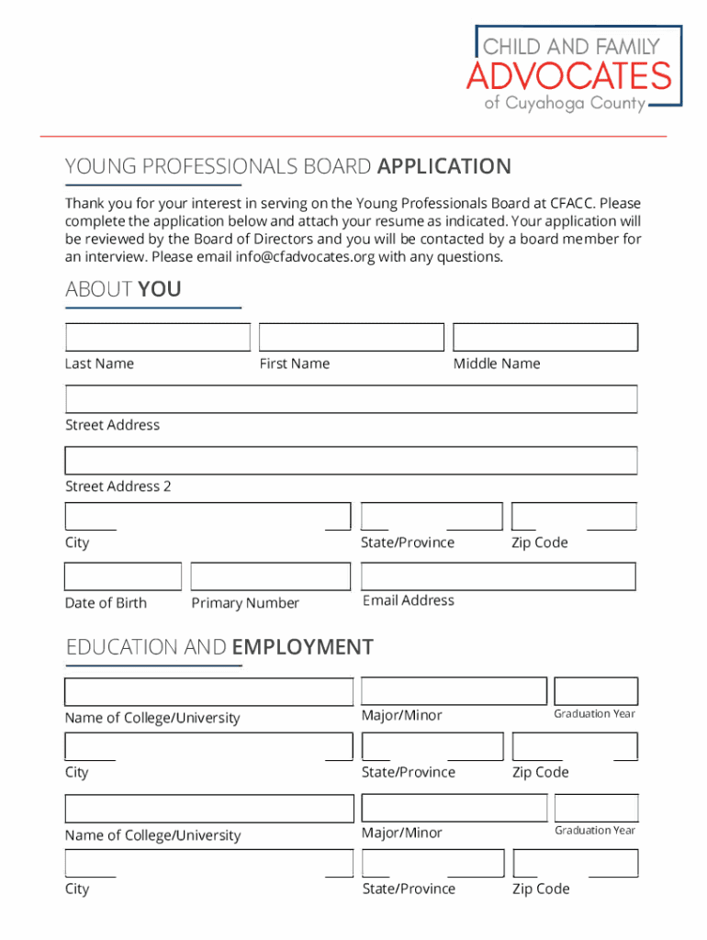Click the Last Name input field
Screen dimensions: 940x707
[157, 337]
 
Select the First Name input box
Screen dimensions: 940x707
[351, 337]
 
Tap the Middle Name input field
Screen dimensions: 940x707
[545, 337]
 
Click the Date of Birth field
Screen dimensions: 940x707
[122, 576]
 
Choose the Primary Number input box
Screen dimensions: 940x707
[270, 576]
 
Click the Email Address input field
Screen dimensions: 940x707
[498, 576]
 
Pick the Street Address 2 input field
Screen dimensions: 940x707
[351, 460]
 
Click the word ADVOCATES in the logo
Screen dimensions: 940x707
[569, 75]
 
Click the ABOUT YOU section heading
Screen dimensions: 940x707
[123, 290]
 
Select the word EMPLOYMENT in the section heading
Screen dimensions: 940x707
[303, 647]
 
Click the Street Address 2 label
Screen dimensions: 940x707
[118, 487]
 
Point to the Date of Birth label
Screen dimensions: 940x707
[106, 603]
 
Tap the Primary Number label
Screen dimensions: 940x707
[245, 603]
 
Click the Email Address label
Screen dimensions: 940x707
[409, 600]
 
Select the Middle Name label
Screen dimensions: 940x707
[497, 364]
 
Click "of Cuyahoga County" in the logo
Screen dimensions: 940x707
[565, 104]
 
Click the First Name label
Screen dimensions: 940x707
[294, 364]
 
